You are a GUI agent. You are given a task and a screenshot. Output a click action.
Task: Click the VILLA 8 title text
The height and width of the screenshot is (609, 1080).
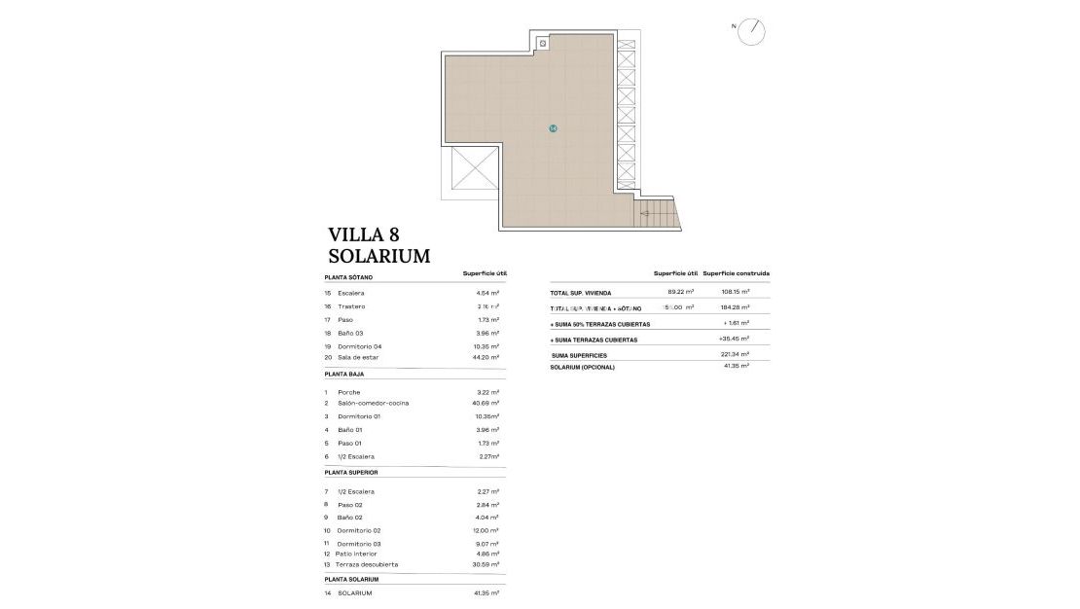[x=364, y=233]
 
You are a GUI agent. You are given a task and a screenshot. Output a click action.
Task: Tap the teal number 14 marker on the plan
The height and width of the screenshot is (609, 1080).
[x=553, y=127]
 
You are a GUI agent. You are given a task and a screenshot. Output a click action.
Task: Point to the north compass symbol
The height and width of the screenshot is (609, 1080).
[x=751, y=31]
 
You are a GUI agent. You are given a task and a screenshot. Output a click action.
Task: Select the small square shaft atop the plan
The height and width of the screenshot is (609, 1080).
[x=543, y=43]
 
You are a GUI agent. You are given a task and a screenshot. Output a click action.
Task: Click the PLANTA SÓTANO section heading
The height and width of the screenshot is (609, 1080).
[x=348, y=277]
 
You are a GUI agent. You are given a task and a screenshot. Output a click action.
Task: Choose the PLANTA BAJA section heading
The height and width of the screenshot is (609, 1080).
[x=344, y=374]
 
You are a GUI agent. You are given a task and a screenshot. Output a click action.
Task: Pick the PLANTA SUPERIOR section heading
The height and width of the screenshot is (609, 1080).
[x=350, y=472]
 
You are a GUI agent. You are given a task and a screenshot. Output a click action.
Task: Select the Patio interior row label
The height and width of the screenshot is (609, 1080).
[x=357, y=554]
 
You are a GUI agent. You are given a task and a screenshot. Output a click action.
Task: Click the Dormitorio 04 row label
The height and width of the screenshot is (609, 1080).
[x=359, y=346]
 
